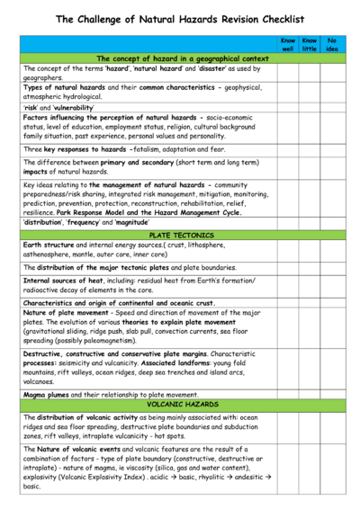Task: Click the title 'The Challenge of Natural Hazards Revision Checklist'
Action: click(x=180, y=19)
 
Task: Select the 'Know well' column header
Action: click(x=287, y=44)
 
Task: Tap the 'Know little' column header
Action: click(x=310, y=44)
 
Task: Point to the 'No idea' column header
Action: click(x=332, y=44)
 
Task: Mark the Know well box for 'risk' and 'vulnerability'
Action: click(x=287, y=105)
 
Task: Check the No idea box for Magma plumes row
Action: click(x=332, y=394)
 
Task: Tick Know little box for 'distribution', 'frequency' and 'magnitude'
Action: click(x=310, y=222)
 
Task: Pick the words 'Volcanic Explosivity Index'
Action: click(x=98, y=476)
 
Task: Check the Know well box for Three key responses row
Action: click(x=287, y=148)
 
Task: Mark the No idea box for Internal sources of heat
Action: click(x=332, y=285)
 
